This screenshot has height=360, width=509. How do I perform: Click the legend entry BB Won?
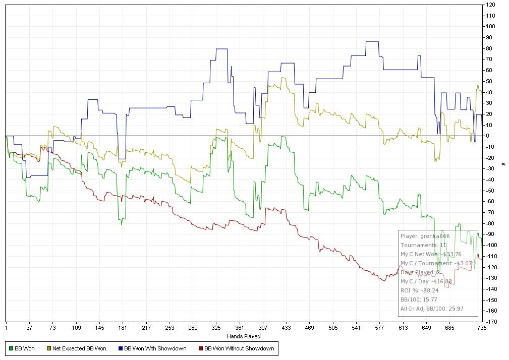(x=25, y=348)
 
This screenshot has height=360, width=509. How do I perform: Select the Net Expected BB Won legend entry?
(x=79, y=348)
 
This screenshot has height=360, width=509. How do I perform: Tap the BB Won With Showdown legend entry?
(x=155, y=348)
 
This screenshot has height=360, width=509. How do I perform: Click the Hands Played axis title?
(x=244, y=336)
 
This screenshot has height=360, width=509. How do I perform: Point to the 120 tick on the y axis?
(x=490, y=5)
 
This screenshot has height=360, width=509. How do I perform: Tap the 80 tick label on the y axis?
(x=489, y=48)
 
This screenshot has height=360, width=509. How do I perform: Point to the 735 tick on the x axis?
(x=481, y=328)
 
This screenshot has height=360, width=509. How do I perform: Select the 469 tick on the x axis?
(x=310, y=328)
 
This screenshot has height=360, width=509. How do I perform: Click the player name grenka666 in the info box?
(x=436, y=236)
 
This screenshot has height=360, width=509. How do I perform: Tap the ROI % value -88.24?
(x=433, y=290)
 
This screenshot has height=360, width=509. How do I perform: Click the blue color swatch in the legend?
(x=120, y=348)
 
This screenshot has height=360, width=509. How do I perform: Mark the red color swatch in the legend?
(x=201, y=348)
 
